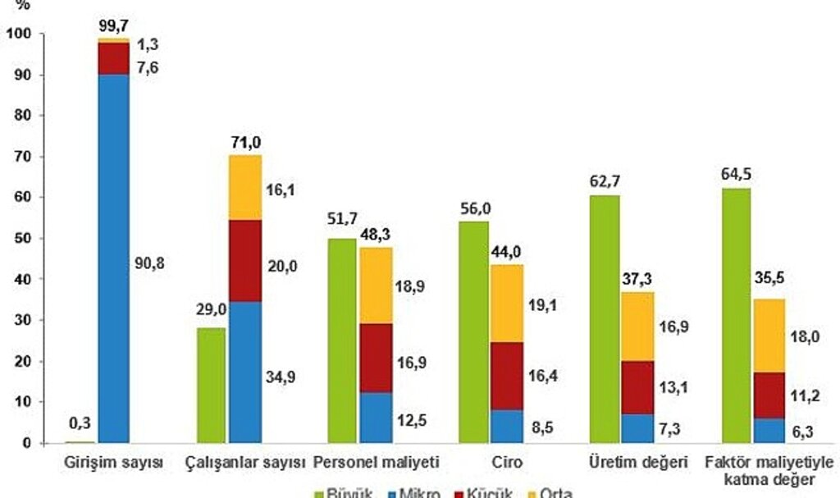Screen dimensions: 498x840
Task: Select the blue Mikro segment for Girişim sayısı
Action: tap(114, 258)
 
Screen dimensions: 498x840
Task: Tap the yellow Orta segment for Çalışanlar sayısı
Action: tap(245, 187)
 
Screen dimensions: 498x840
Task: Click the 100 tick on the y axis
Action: tap(16, 34)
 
